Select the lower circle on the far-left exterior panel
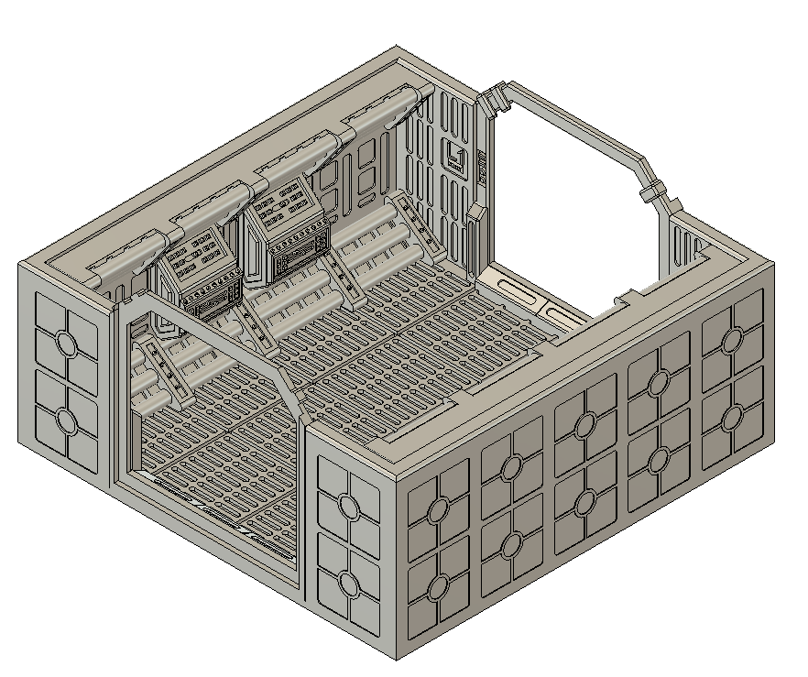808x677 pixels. click(66, 420)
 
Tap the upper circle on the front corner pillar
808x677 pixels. click(348, 505)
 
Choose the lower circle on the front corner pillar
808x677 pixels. click(348, 583)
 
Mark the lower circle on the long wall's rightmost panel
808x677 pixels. click(731, 418)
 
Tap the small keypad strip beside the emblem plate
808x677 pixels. click(479, 166)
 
